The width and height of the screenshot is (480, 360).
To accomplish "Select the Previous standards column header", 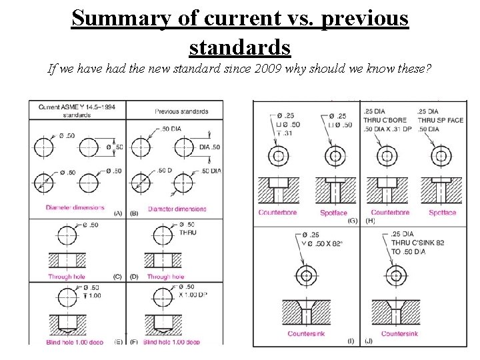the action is [x=181, y=111].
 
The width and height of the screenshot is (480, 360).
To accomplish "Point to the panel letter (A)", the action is [x=117, y=213].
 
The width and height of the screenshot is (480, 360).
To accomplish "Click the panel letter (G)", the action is [x=353, y=220].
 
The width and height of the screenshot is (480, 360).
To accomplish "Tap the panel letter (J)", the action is [x=369, y=341].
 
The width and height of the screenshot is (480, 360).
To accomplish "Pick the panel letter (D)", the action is [x=135, y=276].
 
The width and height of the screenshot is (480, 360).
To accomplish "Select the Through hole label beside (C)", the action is [x=69, y=277].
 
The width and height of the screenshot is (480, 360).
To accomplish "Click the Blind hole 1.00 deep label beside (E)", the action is [x=76, y=342].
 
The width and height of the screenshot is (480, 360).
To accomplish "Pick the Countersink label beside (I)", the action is [x=306, y=334].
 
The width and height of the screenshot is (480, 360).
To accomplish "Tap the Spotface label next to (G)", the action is [x=333, y=213].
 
